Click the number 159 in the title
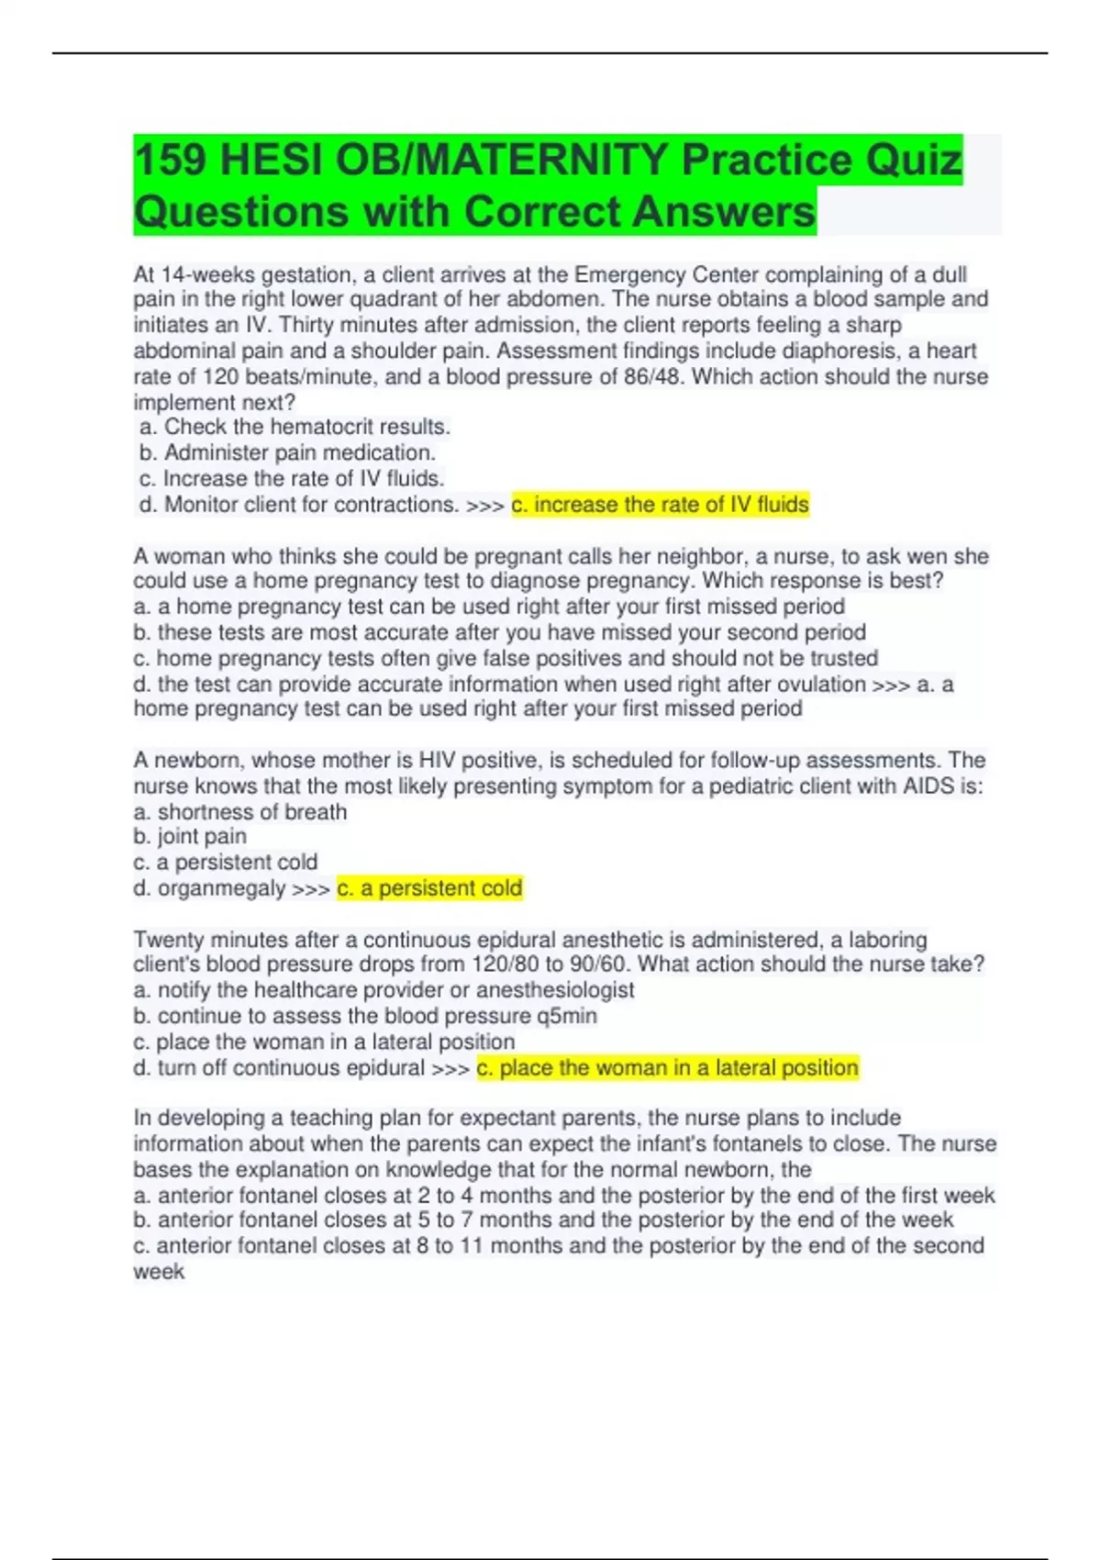170,161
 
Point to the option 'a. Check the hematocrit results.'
295,428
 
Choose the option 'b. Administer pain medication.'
287,453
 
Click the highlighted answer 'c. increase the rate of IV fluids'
660,505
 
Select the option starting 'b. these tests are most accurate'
499,632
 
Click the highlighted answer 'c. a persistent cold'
429,888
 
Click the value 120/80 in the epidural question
504,964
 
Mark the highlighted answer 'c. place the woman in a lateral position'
667,1068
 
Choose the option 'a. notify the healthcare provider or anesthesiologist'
384,991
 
